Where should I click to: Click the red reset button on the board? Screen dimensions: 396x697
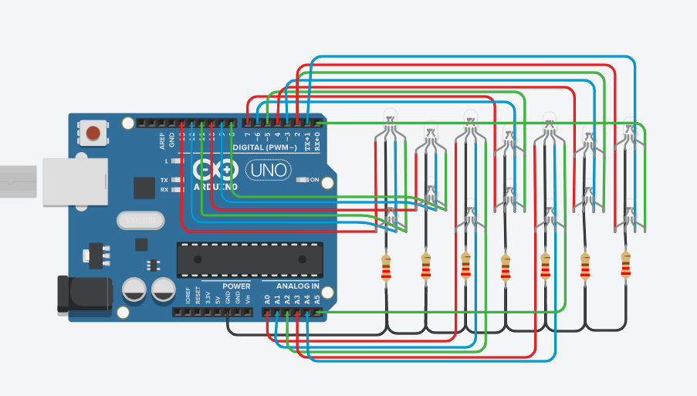[x=93, y=133]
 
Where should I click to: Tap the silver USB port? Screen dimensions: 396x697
[x=65, y=182]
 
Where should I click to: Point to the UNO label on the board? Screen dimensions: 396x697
[x=267, y=169]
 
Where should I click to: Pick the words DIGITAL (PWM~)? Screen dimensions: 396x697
[x=268, y=147]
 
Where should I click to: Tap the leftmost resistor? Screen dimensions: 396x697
[x=386, y=267]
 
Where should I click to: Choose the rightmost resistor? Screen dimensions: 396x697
[x=625, y=265]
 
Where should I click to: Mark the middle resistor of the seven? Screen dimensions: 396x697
[x=506, y=267]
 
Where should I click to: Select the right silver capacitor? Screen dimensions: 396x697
[x=163, y=290]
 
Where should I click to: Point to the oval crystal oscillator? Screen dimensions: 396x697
[x=141, y=221]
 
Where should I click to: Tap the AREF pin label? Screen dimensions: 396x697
[x=162, y=140]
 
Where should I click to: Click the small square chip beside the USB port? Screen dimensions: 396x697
[x=144, y=188]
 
